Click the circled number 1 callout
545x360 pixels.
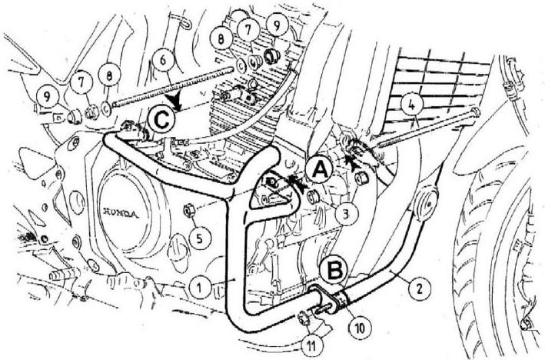coord(199,287)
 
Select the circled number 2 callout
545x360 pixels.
coord(419,288)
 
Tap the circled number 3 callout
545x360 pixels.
coord(345,215)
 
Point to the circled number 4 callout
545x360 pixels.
coord(411,105)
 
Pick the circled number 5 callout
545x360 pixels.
coord(199,238)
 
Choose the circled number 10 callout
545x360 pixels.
coord(360,327)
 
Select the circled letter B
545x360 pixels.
coord(334,270)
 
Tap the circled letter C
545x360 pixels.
coord(161,120)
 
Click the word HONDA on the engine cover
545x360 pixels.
coord(121,213)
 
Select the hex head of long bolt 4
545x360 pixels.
coord(475,112)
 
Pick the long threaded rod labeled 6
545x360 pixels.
coord(171,85)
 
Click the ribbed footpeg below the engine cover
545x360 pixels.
coord(62,276)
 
